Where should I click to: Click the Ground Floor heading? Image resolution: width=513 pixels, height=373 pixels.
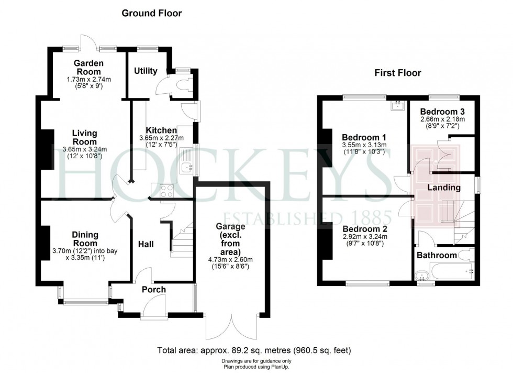151,13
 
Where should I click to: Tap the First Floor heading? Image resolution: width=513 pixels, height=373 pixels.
397,73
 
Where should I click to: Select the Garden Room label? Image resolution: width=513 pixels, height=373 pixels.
88,67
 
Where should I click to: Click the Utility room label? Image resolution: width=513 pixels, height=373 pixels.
146,71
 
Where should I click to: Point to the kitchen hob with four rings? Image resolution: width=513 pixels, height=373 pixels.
166,191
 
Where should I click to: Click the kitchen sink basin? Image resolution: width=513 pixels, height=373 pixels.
187,167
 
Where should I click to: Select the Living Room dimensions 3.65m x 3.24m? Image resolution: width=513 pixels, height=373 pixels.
85,149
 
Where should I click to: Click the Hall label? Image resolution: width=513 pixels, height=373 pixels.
146,244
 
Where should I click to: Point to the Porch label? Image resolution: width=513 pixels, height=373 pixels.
154,290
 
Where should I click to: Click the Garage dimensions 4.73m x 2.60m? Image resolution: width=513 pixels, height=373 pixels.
230,260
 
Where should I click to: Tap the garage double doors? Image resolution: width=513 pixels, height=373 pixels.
232,326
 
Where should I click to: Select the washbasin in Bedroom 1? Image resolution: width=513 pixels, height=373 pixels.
398,105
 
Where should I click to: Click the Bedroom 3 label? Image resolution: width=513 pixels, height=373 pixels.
442,112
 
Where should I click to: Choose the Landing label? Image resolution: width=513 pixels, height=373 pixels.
444,188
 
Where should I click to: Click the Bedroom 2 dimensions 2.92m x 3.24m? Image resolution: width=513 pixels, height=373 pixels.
365,237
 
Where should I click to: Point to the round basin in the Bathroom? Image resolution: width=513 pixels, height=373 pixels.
421,276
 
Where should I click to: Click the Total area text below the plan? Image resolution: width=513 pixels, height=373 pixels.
254,350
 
